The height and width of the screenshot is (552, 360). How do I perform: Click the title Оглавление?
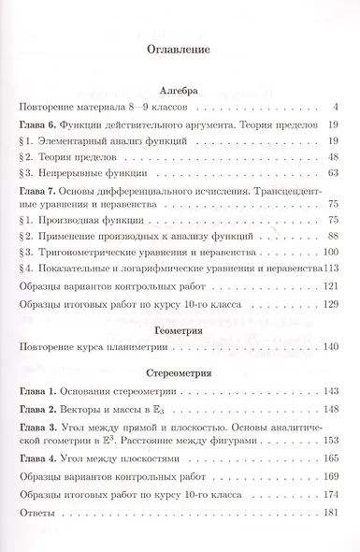[x=180, y=44]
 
